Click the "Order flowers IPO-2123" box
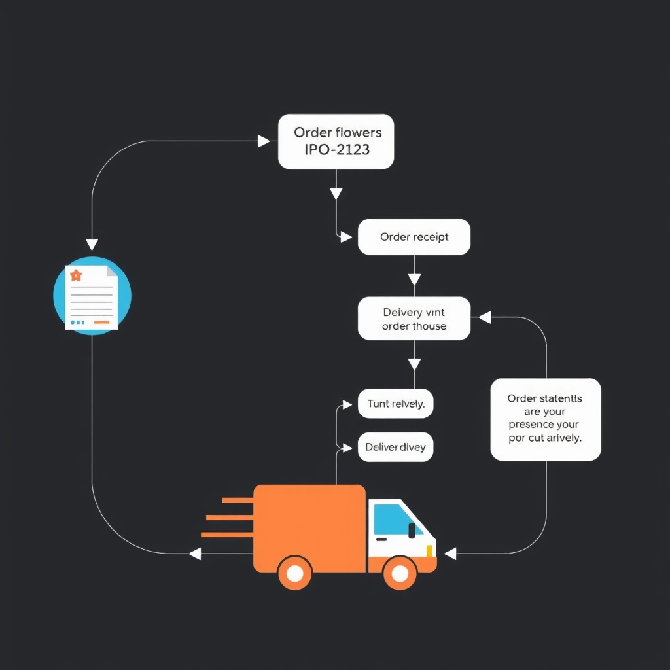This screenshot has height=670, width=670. coord(336,141)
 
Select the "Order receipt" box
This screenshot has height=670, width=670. coord(414,237)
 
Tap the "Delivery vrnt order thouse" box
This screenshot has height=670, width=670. coord(414,319)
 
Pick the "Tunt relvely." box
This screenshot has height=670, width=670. coord(396,404)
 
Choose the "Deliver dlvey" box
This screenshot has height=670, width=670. coord(395,447)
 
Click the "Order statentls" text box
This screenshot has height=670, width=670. coord(545,419)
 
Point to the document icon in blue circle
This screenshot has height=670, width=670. coord(92,296)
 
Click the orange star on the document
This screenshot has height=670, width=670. coord(76,275)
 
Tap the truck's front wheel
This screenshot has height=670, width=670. coord(400,573)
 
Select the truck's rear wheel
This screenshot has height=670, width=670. coord(294,573)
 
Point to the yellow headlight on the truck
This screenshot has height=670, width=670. coord(430,551)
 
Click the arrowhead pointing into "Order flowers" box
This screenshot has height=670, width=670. coord(264,141)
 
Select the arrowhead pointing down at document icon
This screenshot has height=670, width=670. coord(92,244)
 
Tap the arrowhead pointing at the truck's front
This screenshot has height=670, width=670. coord(450,554)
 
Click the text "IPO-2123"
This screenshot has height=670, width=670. coord(336,150)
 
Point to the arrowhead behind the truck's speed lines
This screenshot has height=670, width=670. coord(195,554)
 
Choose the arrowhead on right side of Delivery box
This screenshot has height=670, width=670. coord(485,318)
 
